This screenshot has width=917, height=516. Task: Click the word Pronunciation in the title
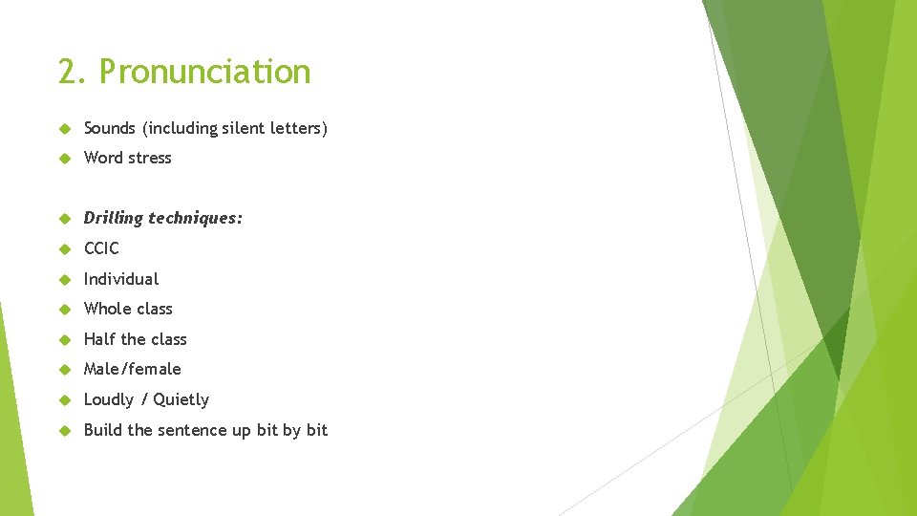pos(204,73)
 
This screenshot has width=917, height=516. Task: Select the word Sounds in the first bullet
pos(110,128)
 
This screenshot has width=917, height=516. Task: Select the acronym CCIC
pos(101,248)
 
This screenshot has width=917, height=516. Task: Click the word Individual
pos(121,279)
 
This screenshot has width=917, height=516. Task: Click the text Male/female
pos(132,369)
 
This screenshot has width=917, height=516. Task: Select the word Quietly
pos(181,399)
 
